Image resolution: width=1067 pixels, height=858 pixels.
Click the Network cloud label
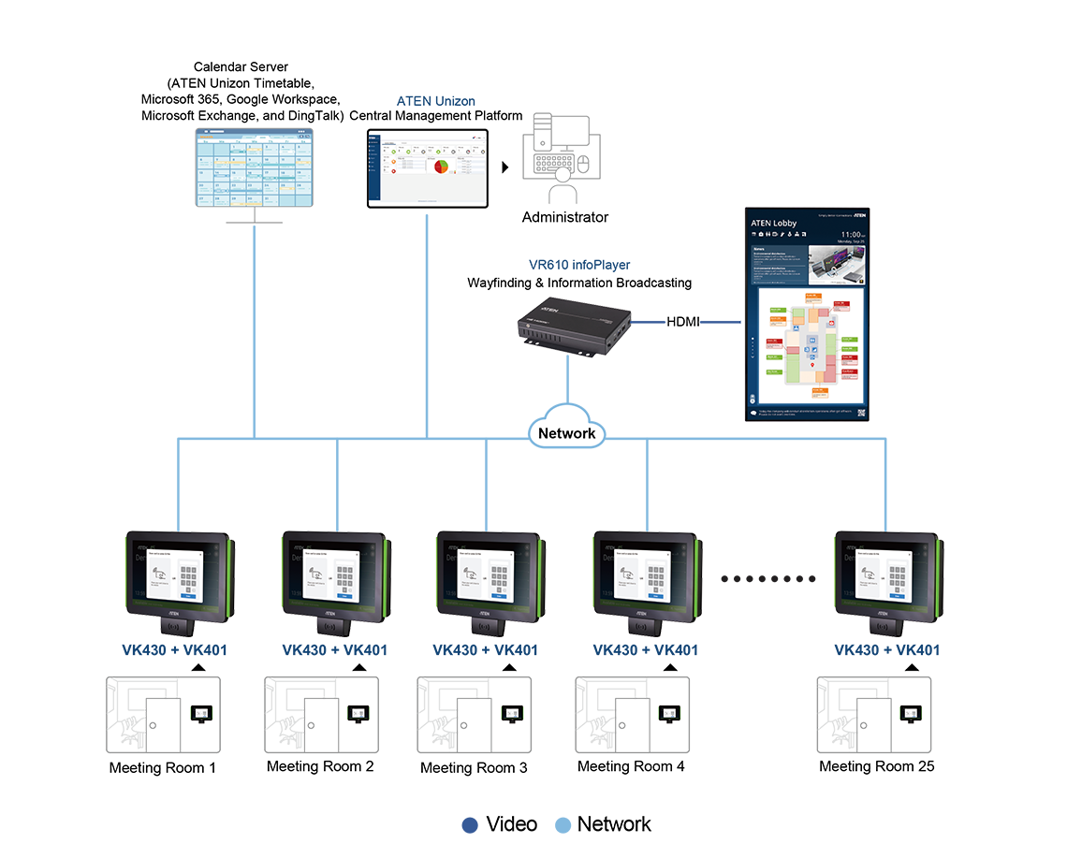tap(566, 433)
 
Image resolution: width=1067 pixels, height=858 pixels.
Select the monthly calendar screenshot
tap(254, 168)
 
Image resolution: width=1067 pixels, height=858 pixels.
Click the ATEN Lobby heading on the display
tap(773, 223)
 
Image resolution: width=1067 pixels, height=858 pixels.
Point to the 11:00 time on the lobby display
tap(851, 234)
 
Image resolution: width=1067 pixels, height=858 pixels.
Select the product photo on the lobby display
tap(835, 265)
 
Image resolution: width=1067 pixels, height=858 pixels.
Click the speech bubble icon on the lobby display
tap(752, 413)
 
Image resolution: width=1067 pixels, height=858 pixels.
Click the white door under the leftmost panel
tap(161, 720)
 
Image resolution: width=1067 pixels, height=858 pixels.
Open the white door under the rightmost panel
tap(870, 720)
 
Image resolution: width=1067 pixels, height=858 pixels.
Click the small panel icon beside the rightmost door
tap(909, 714)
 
